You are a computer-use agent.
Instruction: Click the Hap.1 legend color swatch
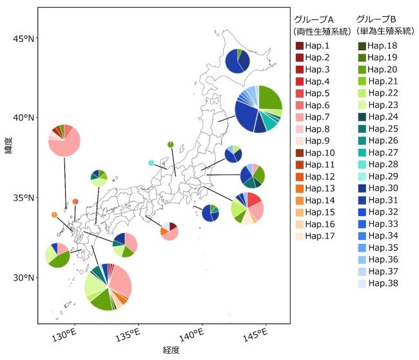(300, 46)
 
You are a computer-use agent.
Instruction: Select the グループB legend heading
(378, 18)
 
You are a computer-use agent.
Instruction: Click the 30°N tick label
(23, 278)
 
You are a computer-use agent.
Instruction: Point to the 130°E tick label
(65, 334)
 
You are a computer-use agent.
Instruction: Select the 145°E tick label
(255, 334)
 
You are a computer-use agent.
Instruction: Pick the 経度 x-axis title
(171, 350)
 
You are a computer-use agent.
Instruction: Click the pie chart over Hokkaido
(237, 61)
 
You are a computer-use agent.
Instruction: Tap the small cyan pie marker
(151, 163)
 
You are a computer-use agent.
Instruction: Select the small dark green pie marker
(170, 144)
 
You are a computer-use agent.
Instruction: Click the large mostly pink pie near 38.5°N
(64, 140)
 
